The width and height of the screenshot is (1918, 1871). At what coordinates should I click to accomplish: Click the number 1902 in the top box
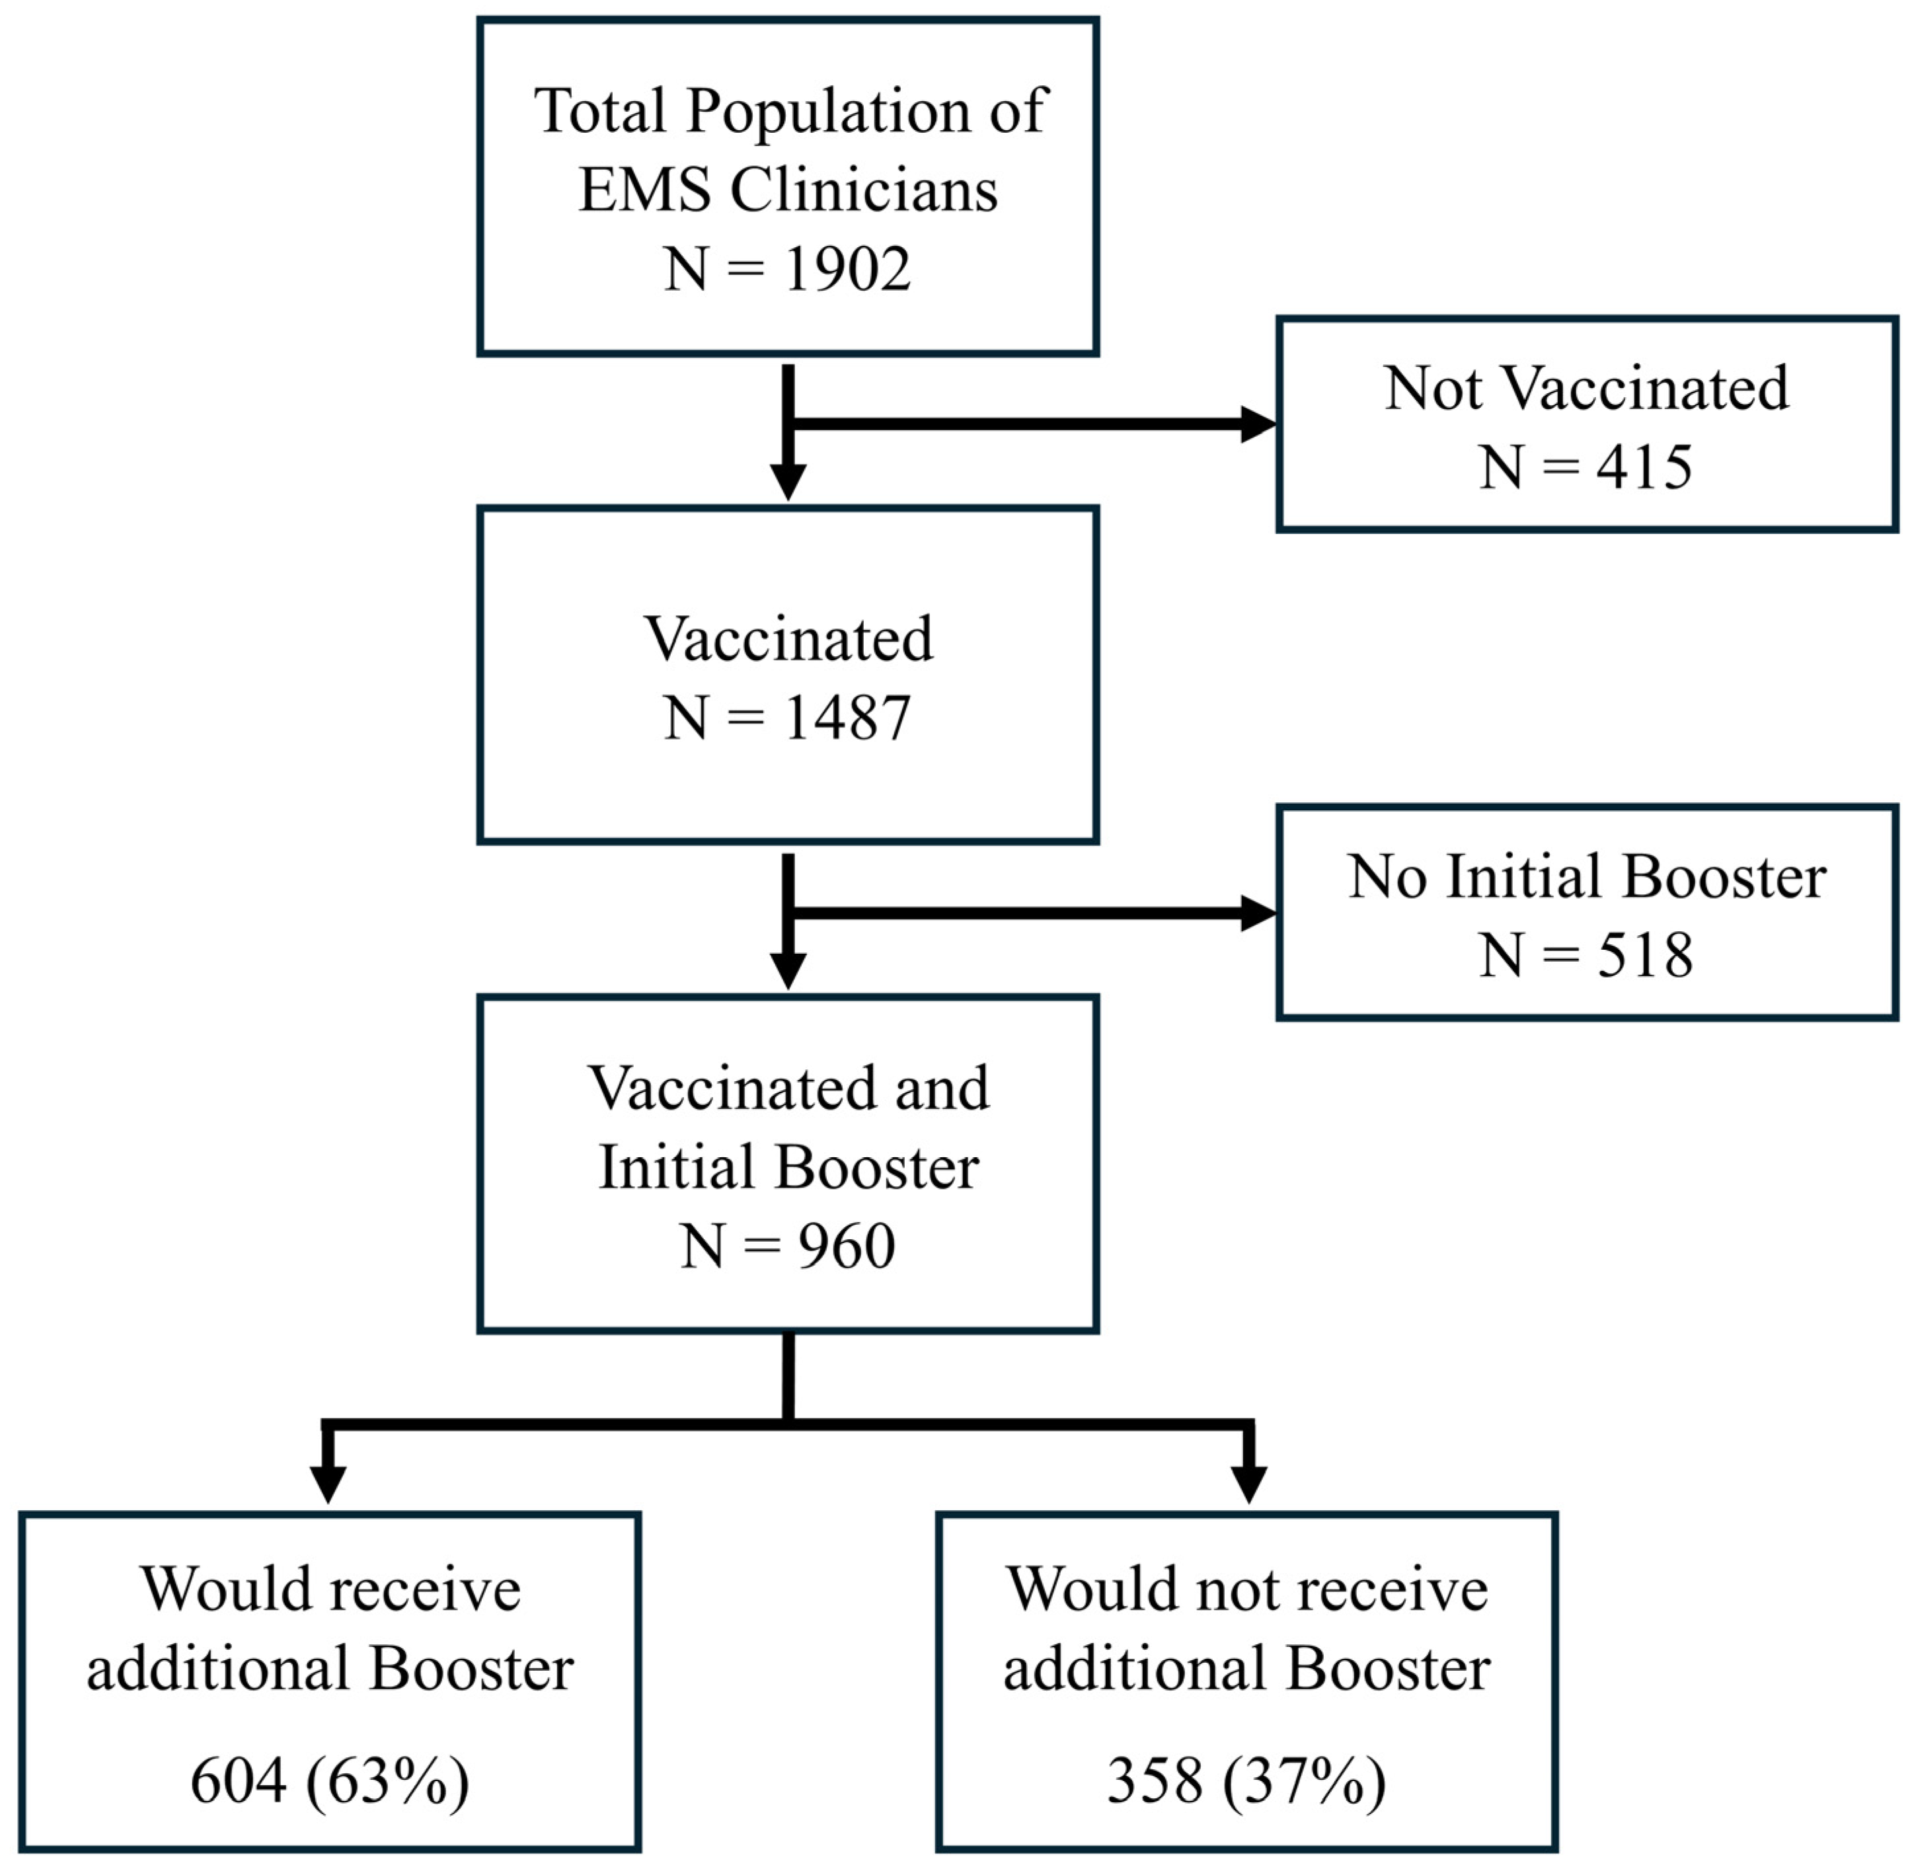point(847,268)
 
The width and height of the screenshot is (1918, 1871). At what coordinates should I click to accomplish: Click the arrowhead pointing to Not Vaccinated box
point(1258,424)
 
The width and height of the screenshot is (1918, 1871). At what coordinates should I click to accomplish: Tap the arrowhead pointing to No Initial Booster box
point(1258,913)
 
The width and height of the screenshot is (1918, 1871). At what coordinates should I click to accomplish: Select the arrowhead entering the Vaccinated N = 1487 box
point(788,482)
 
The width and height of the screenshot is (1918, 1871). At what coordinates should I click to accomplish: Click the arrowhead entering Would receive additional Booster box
point(328,1484)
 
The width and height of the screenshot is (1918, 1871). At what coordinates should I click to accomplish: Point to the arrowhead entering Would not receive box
point(1249,1484)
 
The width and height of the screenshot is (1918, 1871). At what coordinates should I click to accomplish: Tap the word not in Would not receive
point(1227,1589)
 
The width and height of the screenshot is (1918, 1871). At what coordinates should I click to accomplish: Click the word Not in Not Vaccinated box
point(1433,387)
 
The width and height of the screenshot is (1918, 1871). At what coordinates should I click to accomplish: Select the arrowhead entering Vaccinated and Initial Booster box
point(788,970)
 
